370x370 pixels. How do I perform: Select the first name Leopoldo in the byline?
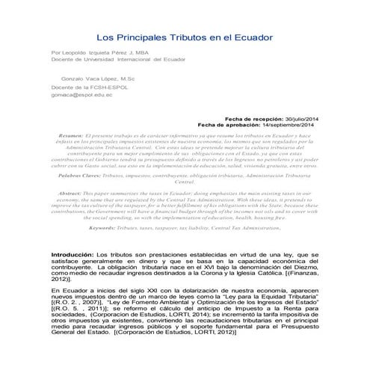click(x=78, y=52)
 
